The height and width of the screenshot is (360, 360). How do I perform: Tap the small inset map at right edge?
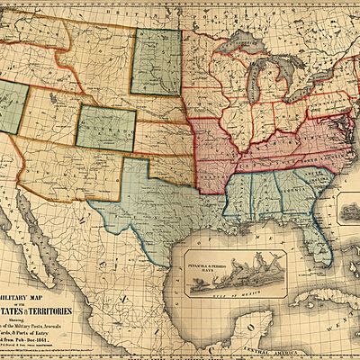tap(349, 212)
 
